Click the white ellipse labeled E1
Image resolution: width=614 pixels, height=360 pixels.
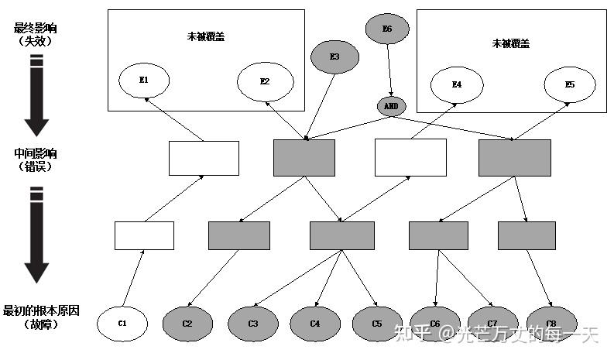click(x=144, y=81)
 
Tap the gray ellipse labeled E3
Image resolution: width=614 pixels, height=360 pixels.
click(x=334, y=57)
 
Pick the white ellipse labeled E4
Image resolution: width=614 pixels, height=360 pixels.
click(x=457, y=84)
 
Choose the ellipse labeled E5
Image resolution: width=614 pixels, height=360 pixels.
click(x=570, y=84)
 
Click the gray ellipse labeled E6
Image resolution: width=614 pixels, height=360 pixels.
click(x=387, y=29)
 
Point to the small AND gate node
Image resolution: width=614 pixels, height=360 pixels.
click(x=391, y=106)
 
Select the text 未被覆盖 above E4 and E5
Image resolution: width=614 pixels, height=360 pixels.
click(x=510, y=43)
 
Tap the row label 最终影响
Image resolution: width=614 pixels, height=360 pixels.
click(x=35, y=29)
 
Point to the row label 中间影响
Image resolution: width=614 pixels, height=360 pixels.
click(x=36, y=153)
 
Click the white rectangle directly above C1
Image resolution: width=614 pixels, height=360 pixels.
click(x=144, y=235)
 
